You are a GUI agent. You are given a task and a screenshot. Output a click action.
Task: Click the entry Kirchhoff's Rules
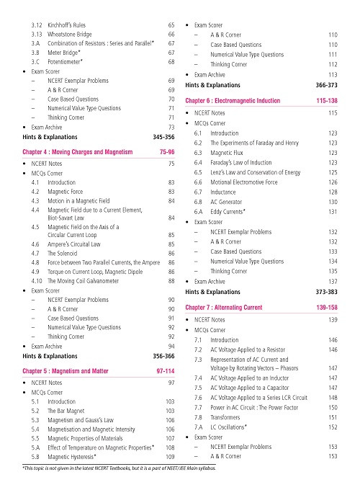(x=71, y=25)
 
